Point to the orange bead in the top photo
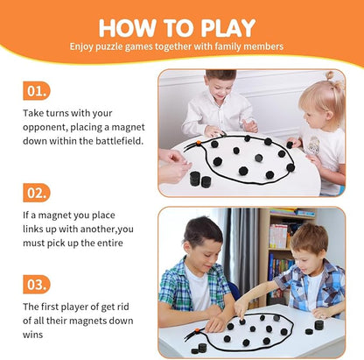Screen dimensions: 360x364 (x=198, y=143)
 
